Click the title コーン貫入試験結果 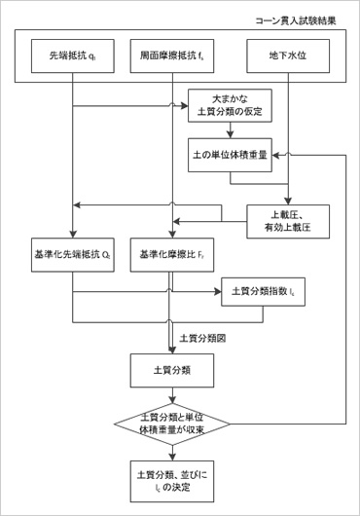302,18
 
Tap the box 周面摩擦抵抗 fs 171,55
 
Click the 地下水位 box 289,55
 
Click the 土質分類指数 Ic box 264,290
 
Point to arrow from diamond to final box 171,451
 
